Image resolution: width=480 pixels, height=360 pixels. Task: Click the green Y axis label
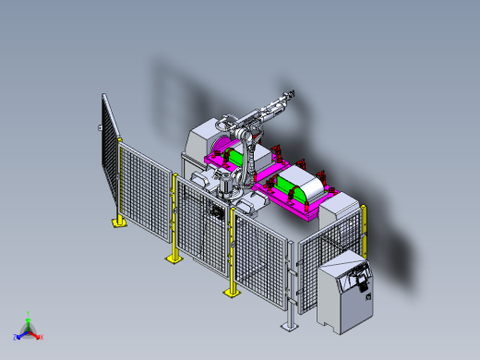click(28, 313)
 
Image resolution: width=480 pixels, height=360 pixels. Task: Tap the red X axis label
click(41, 338)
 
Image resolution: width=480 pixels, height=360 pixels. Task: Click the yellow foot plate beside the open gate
click(119, 222)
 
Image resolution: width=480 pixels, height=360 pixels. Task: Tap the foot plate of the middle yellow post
click(174, 259)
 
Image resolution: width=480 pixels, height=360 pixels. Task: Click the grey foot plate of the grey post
click(291, 326)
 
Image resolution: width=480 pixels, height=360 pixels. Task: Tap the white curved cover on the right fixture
click(305, 185)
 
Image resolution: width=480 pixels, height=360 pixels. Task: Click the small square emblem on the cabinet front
click(367, 295)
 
